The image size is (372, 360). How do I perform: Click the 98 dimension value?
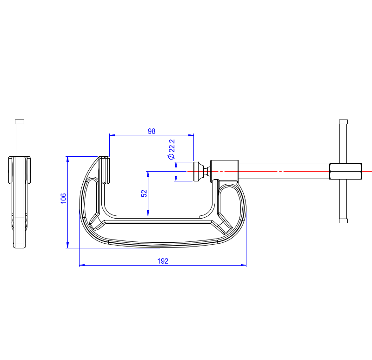(x=152, y=131)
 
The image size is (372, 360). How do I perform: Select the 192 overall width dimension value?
(x=163, y=261)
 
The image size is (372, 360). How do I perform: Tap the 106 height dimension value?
(x=63, y=199)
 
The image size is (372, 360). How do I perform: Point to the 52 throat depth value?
(x=144, y=193)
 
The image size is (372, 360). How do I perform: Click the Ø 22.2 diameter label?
(x=172, y=149)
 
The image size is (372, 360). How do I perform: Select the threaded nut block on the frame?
(x=224, y=171)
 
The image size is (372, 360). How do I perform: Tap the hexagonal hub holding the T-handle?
(x=345, y=171)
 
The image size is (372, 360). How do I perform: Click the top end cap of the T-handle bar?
(x=343, y=122)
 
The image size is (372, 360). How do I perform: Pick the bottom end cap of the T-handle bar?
(x=343, y=221)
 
